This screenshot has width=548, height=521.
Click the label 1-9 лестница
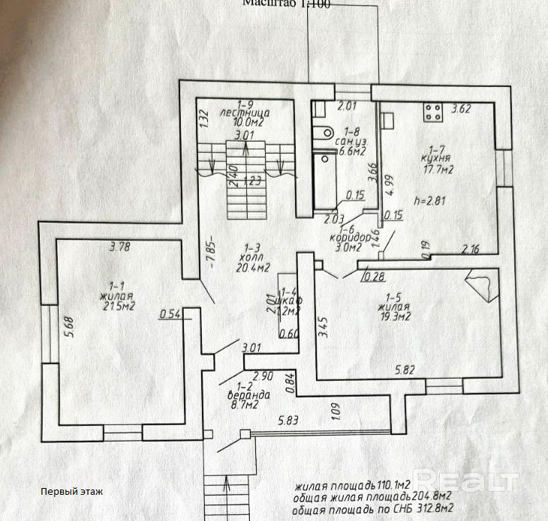(x=245, y=109)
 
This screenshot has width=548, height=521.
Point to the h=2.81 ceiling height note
(x=430, y=200)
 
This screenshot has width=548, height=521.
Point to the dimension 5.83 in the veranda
(x=288, y=421)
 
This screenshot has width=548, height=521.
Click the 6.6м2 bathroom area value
(x=352, y=151)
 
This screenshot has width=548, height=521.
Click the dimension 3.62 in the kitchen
(x=460, y=109)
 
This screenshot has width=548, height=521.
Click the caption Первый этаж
(x=72, y=492)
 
